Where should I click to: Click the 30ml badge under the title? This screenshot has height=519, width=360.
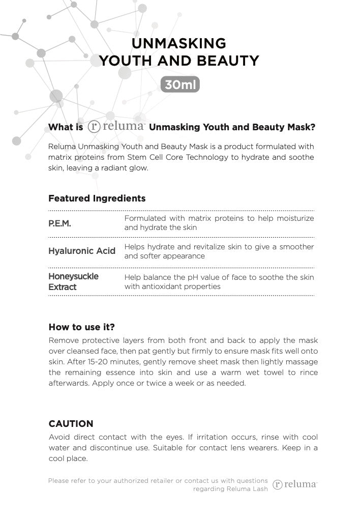coord(180,84)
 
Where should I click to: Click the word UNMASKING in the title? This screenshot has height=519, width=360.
coord(179,43)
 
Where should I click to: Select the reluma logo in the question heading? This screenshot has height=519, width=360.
coord(116,127)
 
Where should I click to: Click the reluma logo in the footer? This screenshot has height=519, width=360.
coord(295,484)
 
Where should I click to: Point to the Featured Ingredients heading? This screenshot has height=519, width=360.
coord(97,198)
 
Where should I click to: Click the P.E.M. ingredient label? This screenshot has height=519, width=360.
coord(59,223)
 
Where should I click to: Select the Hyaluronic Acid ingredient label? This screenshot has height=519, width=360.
coord(82,251)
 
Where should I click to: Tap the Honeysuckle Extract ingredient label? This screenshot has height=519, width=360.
coord(73,281)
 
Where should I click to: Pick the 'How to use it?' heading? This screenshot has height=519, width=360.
coord(81,327)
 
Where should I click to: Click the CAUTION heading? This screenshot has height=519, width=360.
coord(71,424)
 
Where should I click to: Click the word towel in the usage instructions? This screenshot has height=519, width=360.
coord(278,372)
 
